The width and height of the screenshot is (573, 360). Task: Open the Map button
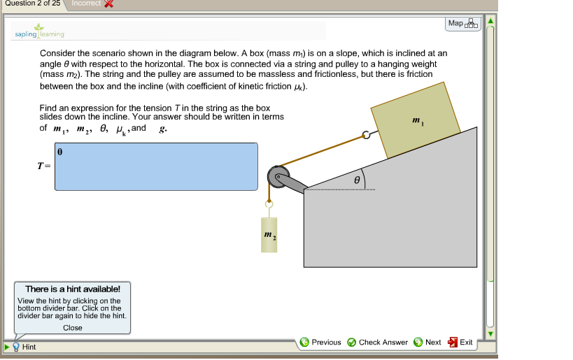pyautogui.click(x=463, y=24)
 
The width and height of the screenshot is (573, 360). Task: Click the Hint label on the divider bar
pyautogui.click(x=29, y=347)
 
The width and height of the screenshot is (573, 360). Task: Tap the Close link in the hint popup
pyautogui.click(x=73, y=328)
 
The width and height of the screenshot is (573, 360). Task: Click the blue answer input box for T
pyautogui.click(x=156, y=166)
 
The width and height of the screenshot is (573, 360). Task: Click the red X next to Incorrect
pyautogui.click(x=108, y=4)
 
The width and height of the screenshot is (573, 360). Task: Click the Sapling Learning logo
pyautogui.click(x=39, y=31)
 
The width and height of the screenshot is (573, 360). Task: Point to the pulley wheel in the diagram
pyautogui.click(x=277, y=176)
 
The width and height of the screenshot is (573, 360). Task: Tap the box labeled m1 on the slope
pyautogui.click(x=416, y=120)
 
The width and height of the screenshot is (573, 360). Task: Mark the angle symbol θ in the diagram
pyautogui.click(x=355, y=180)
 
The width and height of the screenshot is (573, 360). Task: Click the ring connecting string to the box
pyautogui.click(x=365, y=136)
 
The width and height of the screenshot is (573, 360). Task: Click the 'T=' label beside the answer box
pyautogui.click(x=44, y=166)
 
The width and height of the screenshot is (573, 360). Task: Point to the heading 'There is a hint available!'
pyautogui.click(x=73, y=289)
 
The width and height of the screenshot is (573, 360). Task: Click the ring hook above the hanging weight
pyautogui.click(x=268, y=205)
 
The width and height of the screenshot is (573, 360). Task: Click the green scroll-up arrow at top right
pyautogui.click(x=490, y=20)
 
